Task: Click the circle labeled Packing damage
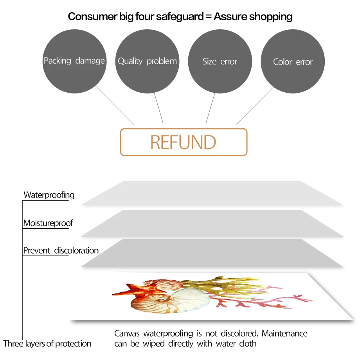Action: [x=74, y=61]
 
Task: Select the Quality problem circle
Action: [x=147, y=61]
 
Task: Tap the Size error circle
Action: [x=220, y=61]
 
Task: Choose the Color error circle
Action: [x=293, y=61]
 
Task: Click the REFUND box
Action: [x=184, y=142]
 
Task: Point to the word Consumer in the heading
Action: [x=93, y=16]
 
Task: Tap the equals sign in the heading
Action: [x=209, y=17]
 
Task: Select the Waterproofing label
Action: [x=49, y=195]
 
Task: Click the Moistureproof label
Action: [x=48, y=223]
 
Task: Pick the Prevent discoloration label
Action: [x=61, y=250]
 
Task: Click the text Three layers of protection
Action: [x=47, y=344]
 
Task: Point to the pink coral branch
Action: [x=259, y=299]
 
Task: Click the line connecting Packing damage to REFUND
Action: [x=115, y=105]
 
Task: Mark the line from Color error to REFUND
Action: [x=255, y=105]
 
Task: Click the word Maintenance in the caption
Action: [x=284, y=333]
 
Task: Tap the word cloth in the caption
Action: [x=248, y=344]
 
